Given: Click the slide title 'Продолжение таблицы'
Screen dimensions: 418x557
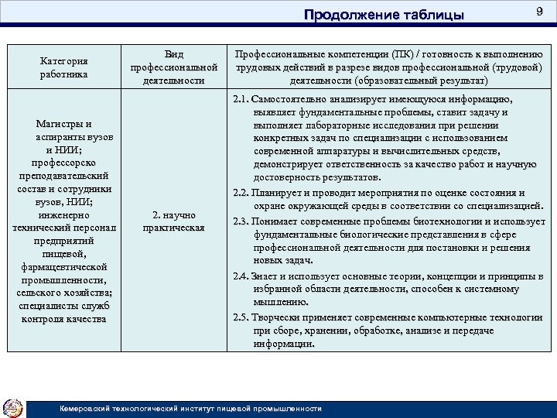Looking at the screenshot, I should click(x=384, y=15).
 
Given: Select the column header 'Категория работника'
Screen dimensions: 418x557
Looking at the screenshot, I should click(x=64, y=67).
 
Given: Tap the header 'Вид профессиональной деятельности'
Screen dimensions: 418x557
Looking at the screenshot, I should click(x=174, y=67).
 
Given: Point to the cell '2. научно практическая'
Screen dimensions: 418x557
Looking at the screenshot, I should click(x=174, y=221).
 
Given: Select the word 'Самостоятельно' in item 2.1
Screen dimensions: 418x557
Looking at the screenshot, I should click(x=289, y=101).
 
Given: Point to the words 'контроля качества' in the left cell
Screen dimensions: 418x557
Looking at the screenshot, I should click(x=64, y=318).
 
